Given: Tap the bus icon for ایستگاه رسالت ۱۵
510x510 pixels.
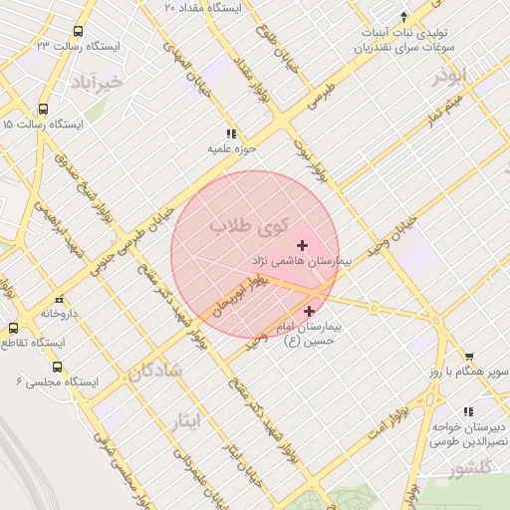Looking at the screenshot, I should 43,110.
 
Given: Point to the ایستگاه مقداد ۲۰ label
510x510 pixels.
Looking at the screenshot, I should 203,7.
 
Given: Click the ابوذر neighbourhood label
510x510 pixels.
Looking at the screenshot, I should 449,77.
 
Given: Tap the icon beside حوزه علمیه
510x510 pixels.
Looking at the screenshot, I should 231,133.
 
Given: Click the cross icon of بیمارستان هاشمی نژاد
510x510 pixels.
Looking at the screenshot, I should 303,244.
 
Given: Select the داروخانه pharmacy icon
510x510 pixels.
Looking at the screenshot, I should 60,299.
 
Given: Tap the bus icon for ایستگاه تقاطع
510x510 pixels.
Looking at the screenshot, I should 13,328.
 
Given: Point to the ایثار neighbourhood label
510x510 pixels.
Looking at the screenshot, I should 186,421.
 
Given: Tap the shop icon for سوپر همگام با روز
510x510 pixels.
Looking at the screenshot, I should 468,356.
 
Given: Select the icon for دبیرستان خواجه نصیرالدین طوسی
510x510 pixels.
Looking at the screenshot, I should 468,410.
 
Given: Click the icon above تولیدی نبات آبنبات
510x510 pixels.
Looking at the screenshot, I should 403,16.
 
